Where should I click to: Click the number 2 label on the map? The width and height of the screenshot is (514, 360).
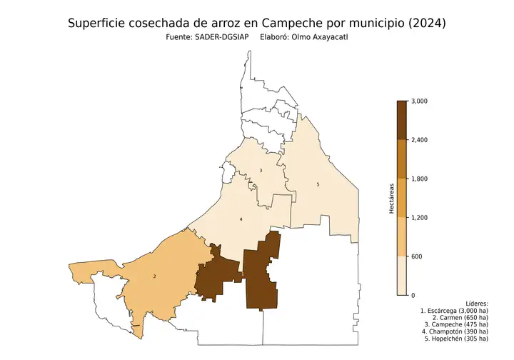(155, 276)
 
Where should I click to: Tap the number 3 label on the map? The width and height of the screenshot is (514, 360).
(261, 170)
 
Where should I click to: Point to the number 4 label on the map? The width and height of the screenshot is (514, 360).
(241, 219)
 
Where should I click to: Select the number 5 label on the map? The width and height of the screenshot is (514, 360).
(318, 185)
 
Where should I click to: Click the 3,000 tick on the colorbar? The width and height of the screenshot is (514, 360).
(420, 101)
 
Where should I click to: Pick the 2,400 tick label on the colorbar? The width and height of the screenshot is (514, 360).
(420, 140)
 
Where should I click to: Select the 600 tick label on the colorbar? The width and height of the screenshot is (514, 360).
(416, 256)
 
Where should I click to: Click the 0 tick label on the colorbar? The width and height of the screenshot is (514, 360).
(413, 295)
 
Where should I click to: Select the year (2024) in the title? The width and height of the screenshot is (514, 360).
(425, 23)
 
